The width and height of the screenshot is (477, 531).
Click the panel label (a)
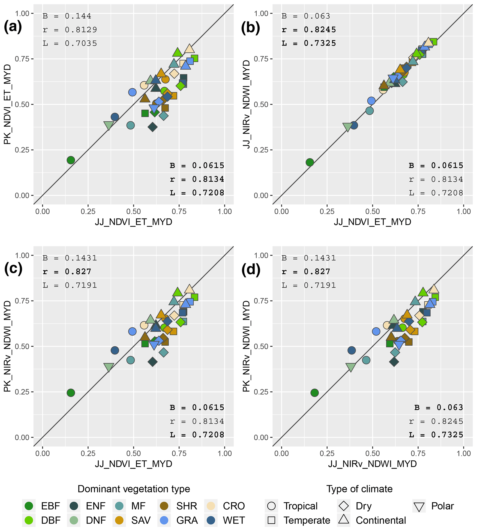click(x=13, y=27)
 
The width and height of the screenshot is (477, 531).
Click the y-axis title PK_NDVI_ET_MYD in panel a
click(x=7, y=104)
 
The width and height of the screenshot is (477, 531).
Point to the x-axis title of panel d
click(x=372, y=464)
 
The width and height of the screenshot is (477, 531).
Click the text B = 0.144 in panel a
click(x=67, y=16)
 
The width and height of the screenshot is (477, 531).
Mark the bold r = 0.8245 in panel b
click(x=309, y=30)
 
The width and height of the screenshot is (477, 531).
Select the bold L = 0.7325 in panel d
click(x=436, y=435)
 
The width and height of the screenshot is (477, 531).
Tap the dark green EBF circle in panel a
click(x=71, y=160)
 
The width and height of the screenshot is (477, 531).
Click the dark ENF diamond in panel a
click(x=153, y=127)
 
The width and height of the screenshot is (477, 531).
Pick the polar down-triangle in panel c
click(x=109, y=367)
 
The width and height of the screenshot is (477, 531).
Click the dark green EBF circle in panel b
click(x=310, y=162)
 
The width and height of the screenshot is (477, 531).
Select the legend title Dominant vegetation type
click(x=134, y=489)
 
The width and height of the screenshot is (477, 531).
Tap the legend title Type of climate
click(x=359, y=489)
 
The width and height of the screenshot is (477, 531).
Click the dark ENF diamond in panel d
click(x=394, y=362)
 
